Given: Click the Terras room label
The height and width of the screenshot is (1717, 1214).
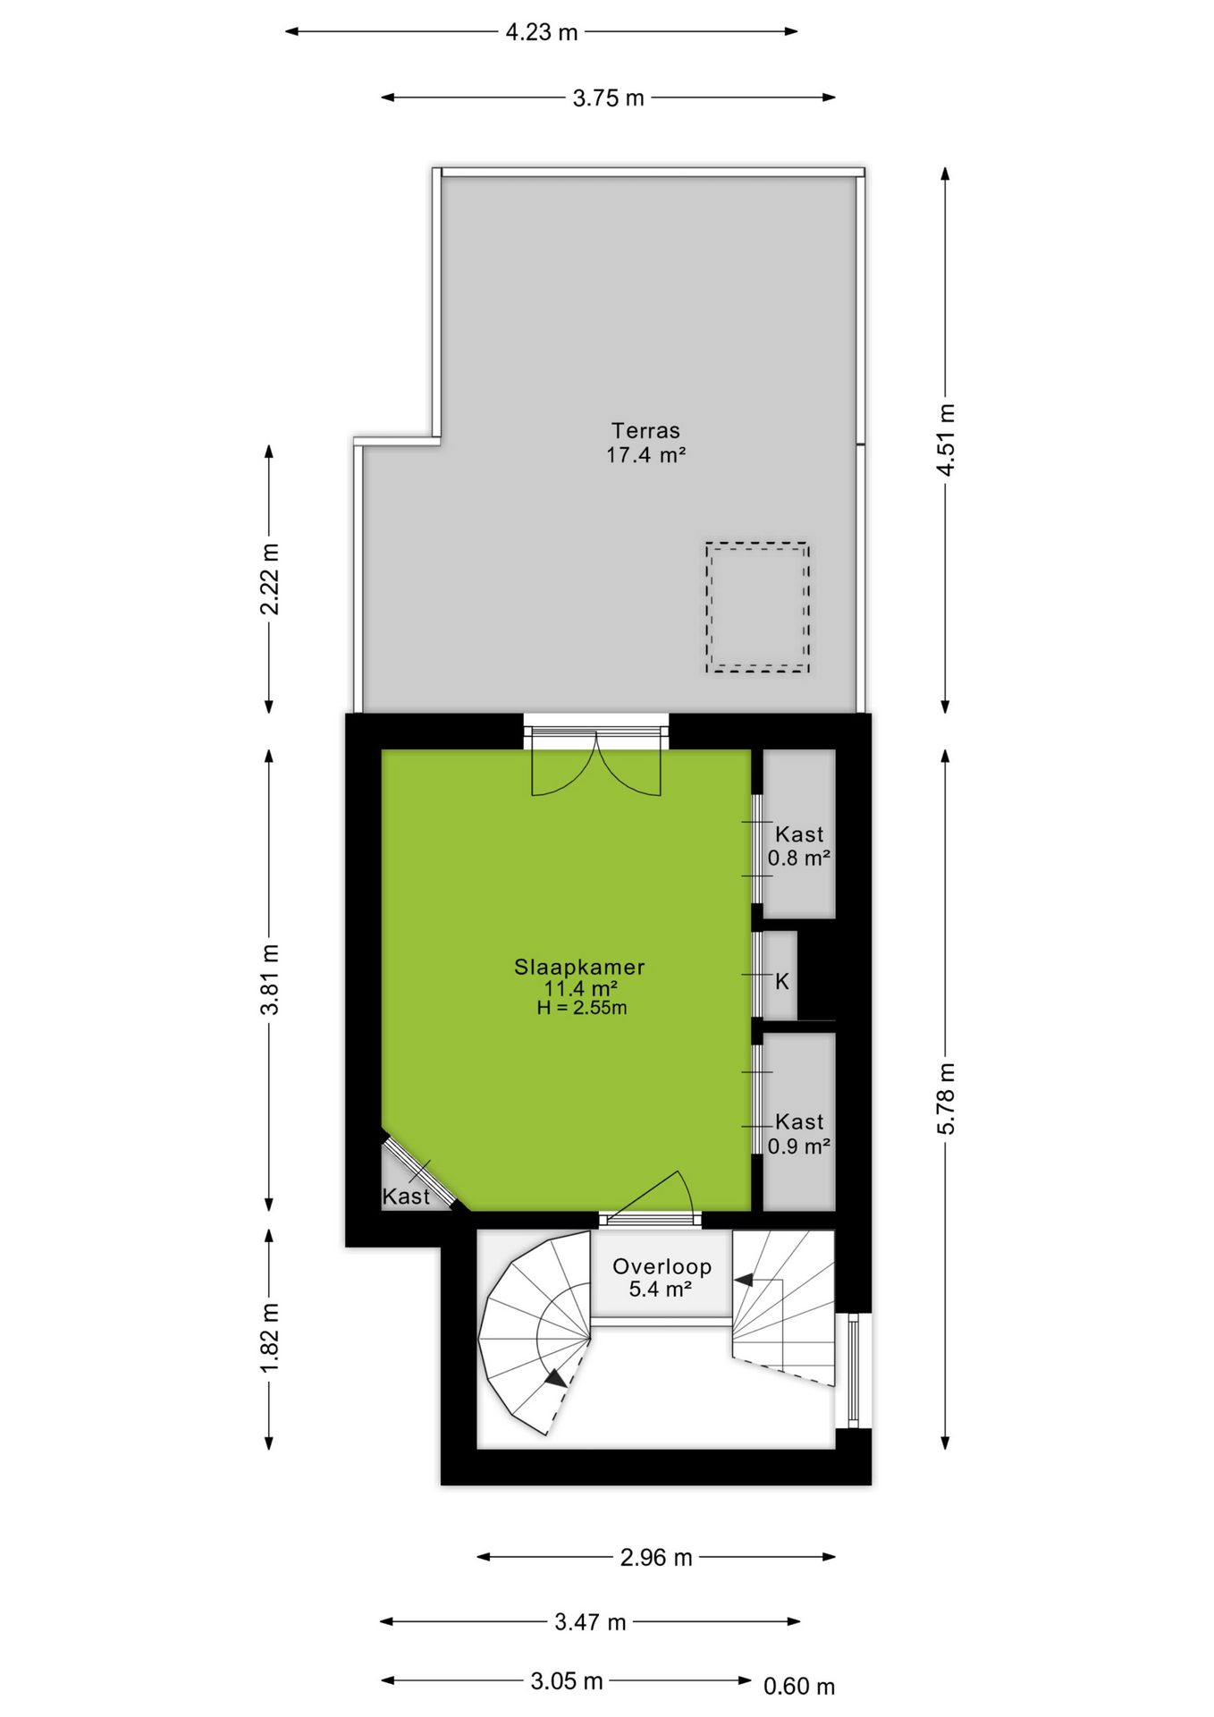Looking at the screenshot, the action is point(645,430).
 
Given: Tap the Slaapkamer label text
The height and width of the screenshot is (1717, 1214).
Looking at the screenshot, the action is point(579,967).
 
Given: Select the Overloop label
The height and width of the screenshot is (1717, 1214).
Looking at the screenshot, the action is point(662,1266).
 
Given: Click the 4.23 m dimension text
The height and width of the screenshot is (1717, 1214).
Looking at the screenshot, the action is point(542,32).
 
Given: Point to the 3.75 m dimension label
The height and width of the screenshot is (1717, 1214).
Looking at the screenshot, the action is point(608,97).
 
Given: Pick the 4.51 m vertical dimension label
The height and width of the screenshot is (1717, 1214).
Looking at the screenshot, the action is point(946,439).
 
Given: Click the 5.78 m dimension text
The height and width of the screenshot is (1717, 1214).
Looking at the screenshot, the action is point(946,1098).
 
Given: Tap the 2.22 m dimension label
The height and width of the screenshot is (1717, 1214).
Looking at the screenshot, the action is point(269,579).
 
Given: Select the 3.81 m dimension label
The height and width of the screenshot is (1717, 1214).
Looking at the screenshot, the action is point(269,978).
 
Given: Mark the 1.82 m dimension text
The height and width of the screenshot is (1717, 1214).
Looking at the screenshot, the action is point(269,1338).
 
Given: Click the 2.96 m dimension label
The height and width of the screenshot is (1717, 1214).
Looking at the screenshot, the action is point(656,1557).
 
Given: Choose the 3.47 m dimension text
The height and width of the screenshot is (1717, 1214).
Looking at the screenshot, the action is point(590,1621).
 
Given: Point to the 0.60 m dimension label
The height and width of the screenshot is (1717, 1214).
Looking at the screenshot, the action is point(799,1686).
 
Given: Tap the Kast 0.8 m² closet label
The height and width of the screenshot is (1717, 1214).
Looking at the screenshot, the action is point(799,846).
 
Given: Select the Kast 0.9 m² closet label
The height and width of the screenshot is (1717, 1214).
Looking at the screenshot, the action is point(799,1134).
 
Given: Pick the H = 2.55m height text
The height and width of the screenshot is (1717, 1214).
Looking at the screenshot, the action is point(582,1008).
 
